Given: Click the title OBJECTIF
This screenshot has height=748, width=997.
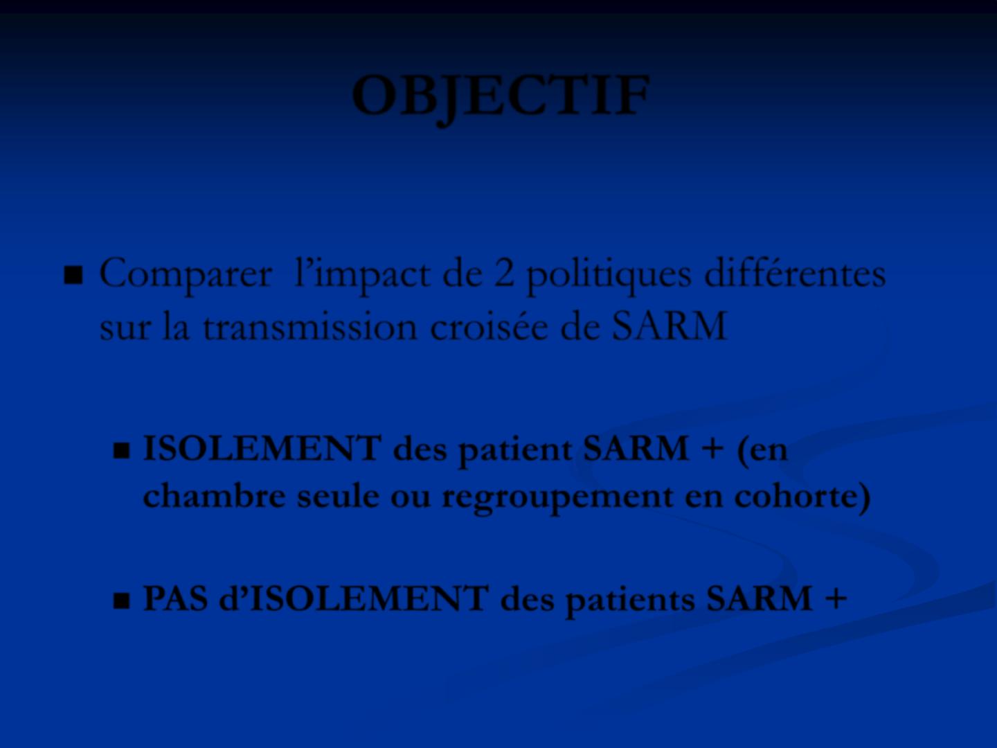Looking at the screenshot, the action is click(x=501, y=97).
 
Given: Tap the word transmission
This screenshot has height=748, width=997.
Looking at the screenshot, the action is click(x=309, y=326).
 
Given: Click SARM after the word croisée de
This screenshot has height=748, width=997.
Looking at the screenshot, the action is click(x=669, y=326).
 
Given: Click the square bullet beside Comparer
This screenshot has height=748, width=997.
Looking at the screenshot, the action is click(x=73, y=275).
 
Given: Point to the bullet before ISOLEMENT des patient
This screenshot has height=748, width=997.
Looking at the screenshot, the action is click(x=121, y=450).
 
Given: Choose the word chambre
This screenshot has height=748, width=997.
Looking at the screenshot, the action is click(x=214, y=495).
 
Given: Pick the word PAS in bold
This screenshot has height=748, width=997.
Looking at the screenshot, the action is click(x=175, y=598).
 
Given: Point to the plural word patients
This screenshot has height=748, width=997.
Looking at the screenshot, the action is click(x=630, y=601).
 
